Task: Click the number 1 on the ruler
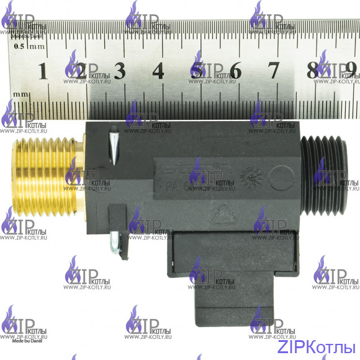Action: click(x=43, y=71)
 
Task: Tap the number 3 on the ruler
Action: click(x=119, y=71)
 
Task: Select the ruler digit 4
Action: click(x=158, y=71)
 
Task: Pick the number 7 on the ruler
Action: click(x=273, y=71)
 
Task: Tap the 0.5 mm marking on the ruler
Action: click(x=28, y=47)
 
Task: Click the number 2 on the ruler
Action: click(x=81, y=71)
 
